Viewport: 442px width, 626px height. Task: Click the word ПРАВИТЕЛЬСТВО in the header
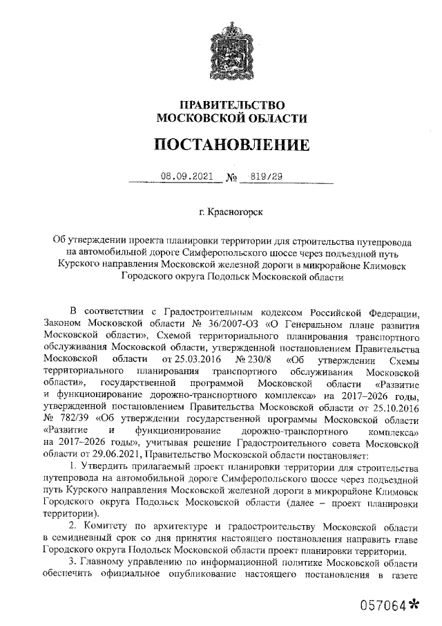click(231, 104)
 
